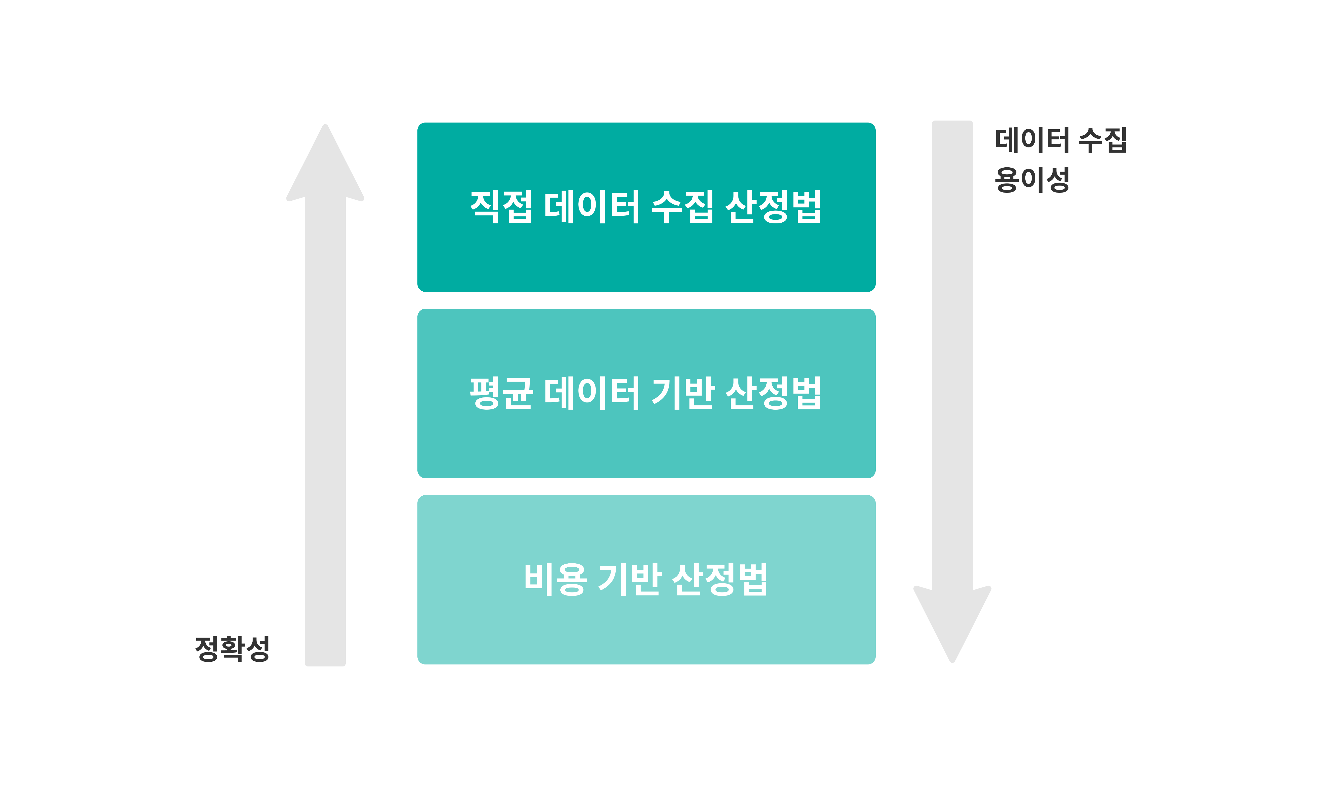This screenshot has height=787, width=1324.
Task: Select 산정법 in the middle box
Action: click(x=773, y=393)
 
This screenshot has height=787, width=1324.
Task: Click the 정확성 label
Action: click(x=232, y=649)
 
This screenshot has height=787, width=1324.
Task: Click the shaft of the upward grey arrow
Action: click(x=325, y=424)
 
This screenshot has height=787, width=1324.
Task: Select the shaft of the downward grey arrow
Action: click(x=952, y=345)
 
